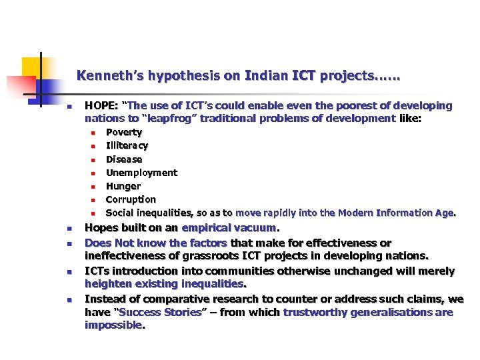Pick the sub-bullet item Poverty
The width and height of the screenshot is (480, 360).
coord(124,133)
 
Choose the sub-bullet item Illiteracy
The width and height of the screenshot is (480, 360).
coord(127,146)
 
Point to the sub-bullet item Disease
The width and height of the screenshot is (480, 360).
coord(124,159)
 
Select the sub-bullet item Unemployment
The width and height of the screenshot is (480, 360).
coord(141,173)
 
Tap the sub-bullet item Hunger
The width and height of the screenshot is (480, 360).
coord(123,186)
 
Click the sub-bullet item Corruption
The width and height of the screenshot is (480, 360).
coord(131,199)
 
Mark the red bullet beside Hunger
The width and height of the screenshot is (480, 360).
coord(94,187)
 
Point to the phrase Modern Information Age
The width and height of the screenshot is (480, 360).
coord(397,213)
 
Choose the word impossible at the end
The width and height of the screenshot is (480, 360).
coord(113,325)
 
